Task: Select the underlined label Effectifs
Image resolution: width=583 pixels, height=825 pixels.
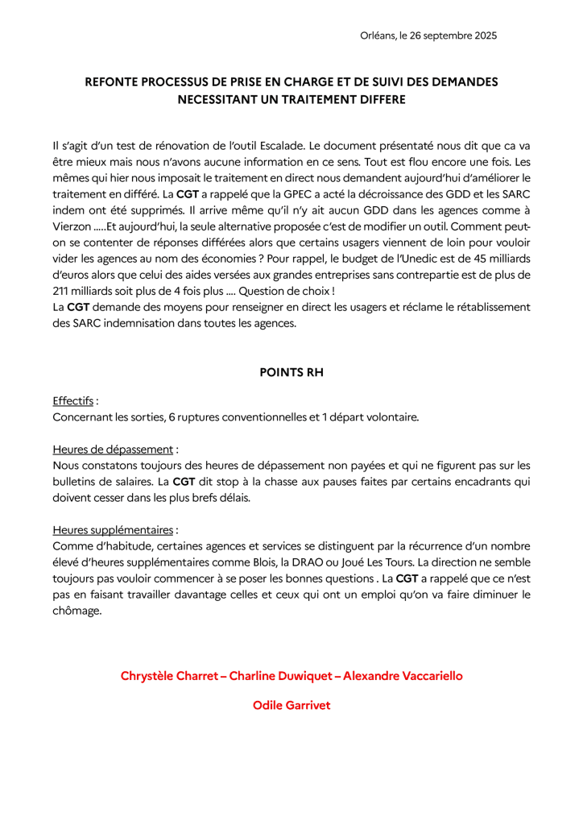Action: click(x=72, y=400)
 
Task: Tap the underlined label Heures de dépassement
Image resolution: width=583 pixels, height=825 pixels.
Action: click(x=113, y=449)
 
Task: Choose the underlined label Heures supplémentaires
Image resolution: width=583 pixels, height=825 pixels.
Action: click(x=113, y=530)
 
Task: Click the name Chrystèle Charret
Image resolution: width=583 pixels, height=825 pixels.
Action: click(x=170, y=675)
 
